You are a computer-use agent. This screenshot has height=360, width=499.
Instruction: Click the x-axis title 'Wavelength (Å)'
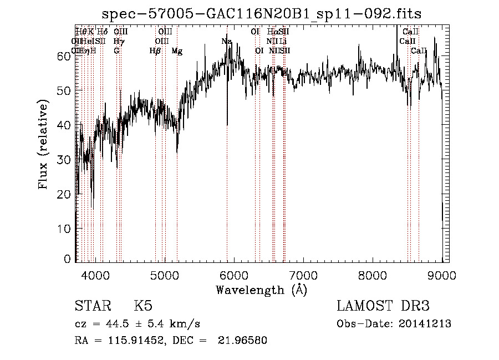click(x=261, y=290)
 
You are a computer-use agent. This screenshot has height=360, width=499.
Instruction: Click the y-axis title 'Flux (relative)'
click(x=44, y=145)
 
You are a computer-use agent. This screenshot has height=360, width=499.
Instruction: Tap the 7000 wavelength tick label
click(x=304, y=275)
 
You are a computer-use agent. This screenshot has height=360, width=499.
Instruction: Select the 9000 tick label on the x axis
click(x=442, y=275)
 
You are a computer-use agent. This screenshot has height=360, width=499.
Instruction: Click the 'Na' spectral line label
click(x=226, y=42)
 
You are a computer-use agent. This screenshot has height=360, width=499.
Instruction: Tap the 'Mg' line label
click(x=177, y=51)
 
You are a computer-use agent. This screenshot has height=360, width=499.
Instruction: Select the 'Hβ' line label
click(x=155, y=51)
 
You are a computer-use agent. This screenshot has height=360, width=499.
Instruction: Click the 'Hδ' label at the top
click(x=102, y=32)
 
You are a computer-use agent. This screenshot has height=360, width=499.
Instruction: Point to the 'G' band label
click(x=116, y=51)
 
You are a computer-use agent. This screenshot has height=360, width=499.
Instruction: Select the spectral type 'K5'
click(x=142, y=307)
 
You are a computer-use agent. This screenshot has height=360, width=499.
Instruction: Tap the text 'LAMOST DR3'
click(x=383, y=307)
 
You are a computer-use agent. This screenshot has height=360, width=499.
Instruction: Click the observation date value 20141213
click(x=424, y=324)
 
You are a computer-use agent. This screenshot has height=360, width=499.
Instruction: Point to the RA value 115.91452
click(x=136, y=341)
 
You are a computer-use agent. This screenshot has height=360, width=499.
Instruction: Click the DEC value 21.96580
click(x=244, y=341)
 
